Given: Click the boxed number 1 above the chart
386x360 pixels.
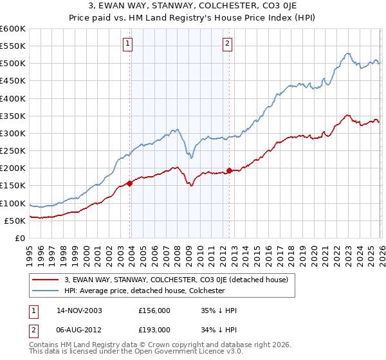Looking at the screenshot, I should click(x=127, y=44).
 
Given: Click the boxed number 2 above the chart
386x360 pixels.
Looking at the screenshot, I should click(x=228, y=44).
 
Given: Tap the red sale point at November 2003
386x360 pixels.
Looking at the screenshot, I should click(x=130, y=183).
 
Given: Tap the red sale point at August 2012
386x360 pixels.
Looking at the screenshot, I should click(x=229, y=170).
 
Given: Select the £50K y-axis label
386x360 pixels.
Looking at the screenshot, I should click(x=15, y=221).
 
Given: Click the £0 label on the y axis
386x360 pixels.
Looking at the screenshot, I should click(x=21, y=238).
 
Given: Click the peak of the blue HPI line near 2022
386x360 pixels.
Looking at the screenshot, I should click(x=347, y=53).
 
